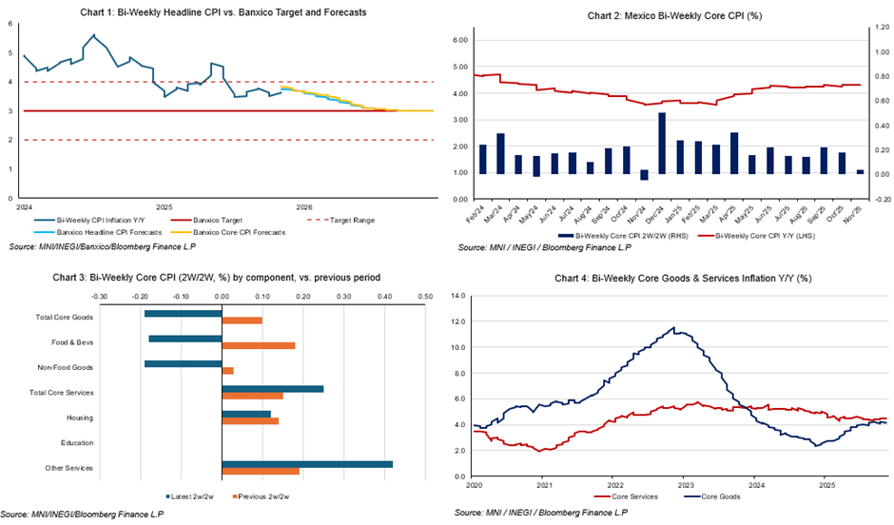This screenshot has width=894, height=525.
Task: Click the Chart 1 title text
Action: coord(223,12)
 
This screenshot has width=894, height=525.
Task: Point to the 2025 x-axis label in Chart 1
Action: coord(164,205)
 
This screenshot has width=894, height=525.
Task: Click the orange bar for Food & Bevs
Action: coord(258,345)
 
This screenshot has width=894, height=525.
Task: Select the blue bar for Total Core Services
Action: coord(272,389)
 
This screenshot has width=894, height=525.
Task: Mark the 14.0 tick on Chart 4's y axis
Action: coord(457,296)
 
